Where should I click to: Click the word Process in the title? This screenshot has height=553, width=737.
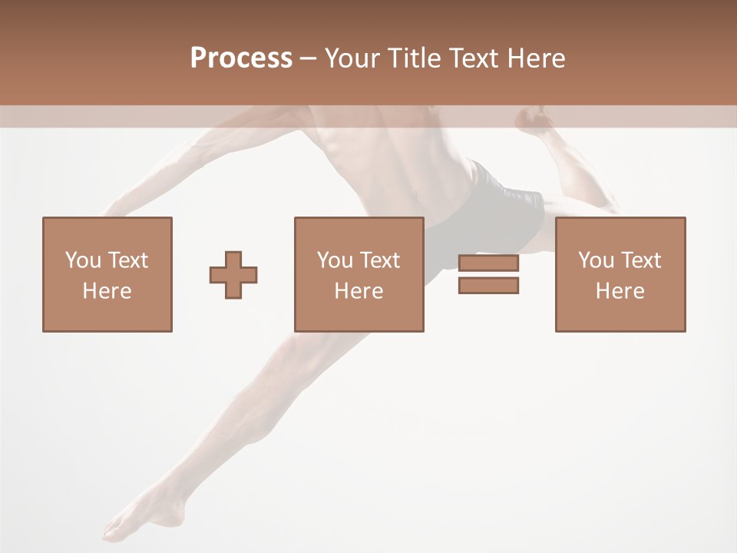(x=241, y=58)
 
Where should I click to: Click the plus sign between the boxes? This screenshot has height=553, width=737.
(x=233, y=275)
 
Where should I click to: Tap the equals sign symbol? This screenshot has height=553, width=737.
(x=488, y=274)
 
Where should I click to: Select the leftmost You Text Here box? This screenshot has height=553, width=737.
(x=107, y=274)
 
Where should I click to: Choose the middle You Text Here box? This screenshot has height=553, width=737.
(x=359, y=274)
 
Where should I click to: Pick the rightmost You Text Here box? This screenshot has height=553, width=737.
(x=620, y=274)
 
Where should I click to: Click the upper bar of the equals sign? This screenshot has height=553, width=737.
(x=488, y=263)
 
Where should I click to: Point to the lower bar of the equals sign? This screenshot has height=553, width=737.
(x=488, y=286)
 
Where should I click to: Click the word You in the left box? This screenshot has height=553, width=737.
(x=81, y=260)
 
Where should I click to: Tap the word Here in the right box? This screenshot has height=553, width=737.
(x=620, y=291)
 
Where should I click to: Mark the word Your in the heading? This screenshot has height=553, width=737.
(x=352, y=58)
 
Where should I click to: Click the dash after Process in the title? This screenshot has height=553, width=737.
(x=308, y=58)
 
